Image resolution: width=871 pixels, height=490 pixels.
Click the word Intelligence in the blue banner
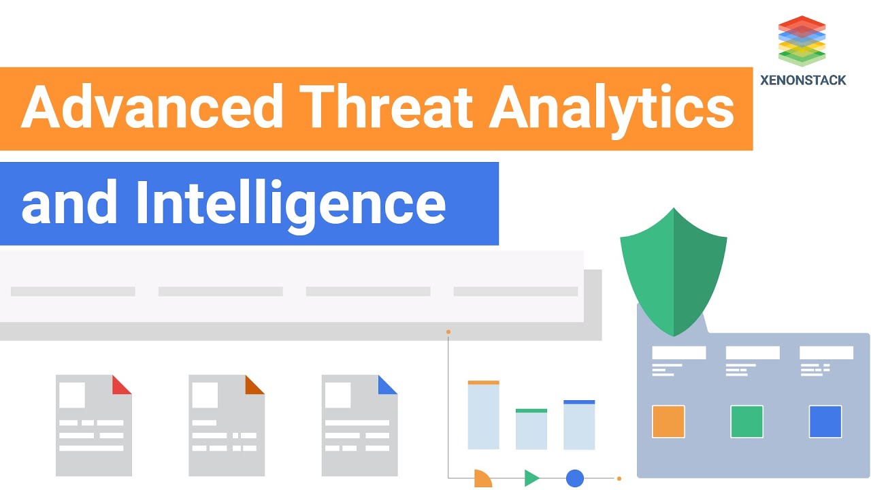point(291,203)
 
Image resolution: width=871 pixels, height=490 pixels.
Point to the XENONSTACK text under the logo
point(803,80)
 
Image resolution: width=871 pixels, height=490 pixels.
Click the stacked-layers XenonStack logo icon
point(802,41)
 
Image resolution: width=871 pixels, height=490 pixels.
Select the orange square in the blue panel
point(668,421)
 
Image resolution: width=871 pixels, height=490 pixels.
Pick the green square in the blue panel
point(746,421)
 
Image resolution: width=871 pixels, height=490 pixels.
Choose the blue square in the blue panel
point(825,421)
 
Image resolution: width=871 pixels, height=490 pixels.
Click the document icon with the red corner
point(93,425)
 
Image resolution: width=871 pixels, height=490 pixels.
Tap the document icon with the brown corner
point(226,425)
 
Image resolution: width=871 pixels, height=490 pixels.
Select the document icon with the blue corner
point(359,425)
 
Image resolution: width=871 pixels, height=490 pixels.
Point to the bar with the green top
point(531,429)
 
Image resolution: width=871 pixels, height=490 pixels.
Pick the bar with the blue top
point(579,425)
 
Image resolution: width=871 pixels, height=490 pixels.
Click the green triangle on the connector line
point(531,478)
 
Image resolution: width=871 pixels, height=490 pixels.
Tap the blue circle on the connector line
point(575,478)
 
